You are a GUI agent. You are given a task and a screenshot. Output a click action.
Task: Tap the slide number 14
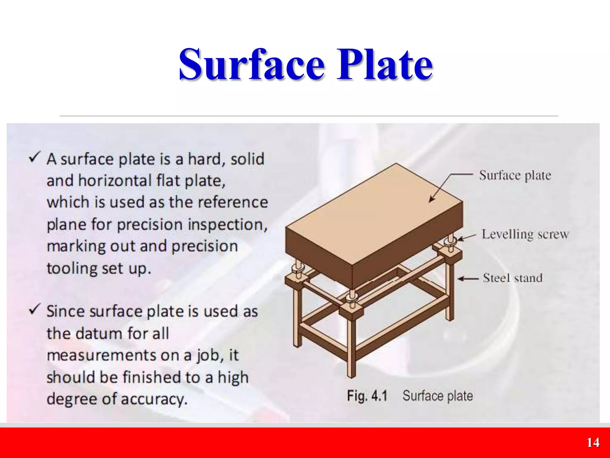point(593,442)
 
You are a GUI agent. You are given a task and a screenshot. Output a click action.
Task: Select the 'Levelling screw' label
point(525,234)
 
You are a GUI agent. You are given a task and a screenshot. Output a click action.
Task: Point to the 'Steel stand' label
point(513,278)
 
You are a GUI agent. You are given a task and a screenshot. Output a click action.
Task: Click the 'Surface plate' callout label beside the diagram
point(515,175)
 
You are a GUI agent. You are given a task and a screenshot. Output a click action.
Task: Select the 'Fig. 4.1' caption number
point(367,396)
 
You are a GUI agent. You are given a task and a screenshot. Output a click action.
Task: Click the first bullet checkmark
point(34,157)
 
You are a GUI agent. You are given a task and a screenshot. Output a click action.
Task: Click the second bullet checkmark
point(34,309)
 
